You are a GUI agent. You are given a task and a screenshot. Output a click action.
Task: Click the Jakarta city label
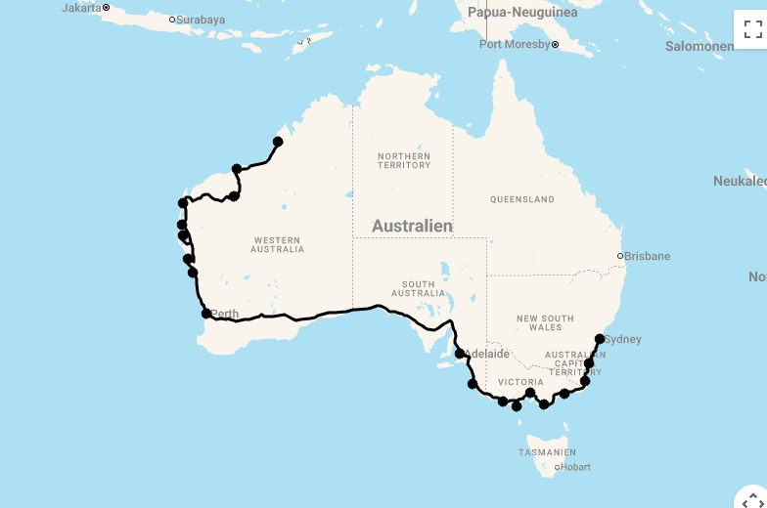click(x=80, y=8)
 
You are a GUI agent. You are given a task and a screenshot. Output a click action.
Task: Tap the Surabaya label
click(x=201, y=20)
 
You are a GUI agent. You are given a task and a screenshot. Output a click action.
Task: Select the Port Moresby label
click(x=515, y=44)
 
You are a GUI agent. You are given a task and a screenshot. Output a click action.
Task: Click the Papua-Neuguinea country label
click(x=522, y=13)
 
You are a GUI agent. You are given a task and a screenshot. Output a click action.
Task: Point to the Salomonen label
click(x=699, y=46)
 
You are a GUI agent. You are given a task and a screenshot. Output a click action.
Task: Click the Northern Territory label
click(x=404, y=160)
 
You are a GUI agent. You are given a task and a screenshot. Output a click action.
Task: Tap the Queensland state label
click(x=522, y=199)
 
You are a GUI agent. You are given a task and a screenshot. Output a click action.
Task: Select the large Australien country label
click(x=412, y=226)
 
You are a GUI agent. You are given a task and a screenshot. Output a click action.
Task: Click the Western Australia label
click(x=278, y=244)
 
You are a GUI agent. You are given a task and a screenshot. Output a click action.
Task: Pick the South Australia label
click(x=418, y=289)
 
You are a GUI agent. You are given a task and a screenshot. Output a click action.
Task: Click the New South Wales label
click(x=545, y=323)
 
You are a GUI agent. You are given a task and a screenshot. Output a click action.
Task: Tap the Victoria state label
click(x=520, y=382)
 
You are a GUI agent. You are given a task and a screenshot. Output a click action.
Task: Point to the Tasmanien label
click(x=548, y=452)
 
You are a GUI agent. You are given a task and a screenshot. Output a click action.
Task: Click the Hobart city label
click(x=574, y=467)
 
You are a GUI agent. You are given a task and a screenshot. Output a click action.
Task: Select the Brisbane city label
click(x=648, y=256)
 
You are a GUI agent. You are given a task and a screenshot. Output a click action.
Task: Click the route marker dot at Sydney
click(x=600, y=339)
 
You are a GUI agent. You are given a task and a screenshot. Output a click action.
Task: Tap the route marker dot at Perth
click(x=206, y=314)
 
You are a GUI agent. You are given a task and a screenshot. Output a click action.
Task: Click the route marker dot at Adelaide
click(x=460, y=354)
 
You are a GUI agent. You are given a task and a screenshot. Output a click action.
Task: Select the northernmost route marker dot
click(x=278, y=142)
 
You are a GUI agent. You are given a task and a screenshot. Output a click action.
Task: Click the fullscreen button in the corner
click(x=752, y=28)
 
